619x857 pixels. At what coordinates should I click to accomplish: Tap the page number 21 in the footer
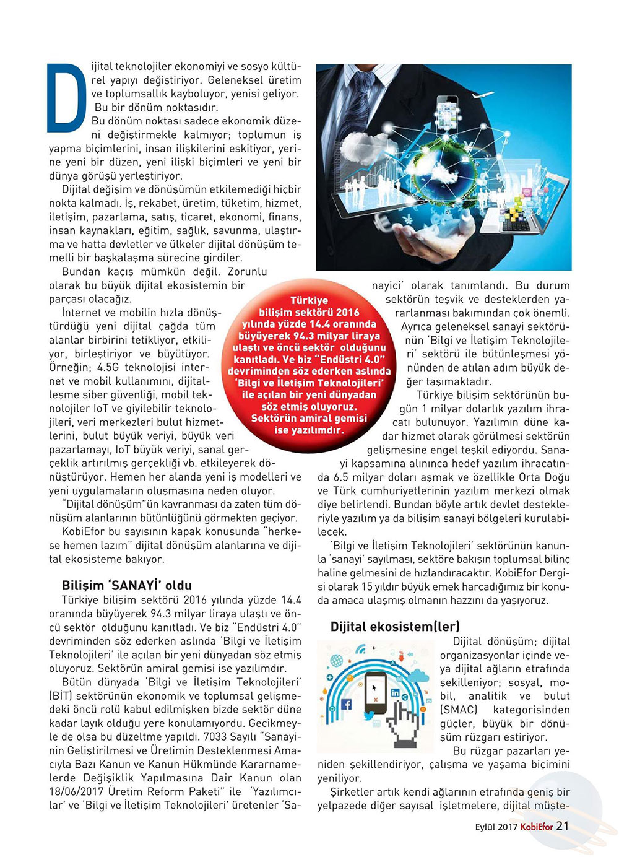click(563, 826)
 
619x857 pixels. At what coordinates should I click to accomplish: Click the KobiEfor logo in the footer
click(536, 827)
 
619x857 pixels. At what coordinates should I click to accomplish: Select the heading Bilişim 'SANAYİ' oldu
click(127, 585)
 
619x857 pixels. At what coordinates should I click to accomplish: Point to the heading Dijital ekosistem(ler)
click(395, 626)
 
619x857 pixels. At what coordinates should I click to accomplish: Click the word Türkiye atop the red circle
click(309, 300)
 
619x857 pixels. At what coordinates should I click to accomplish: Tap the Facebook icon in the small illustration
click(346, 704)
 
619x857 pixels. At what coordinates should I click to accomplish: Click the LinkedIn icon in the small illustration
click(395, 693)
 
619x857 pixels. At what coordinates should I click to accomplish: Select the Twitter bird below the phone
click(370, 716)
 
